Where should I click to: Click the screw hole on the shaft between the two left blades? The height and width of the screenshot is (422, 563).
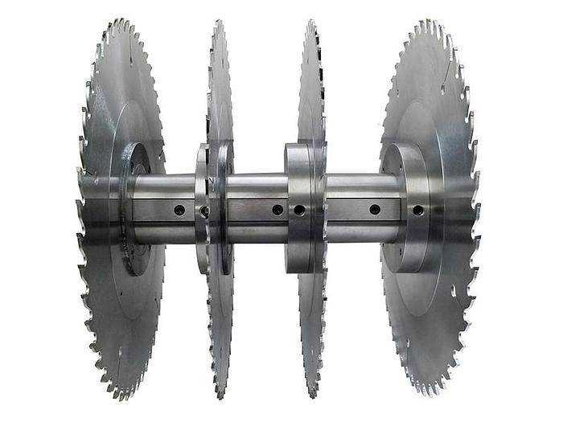(x=179, y=210)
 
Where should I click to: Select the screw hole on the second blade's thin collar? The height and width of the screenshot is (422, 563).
(x=203, y=211)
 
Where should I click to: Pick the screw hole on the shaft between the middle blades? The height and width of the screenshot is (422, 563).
(x=277, y=210)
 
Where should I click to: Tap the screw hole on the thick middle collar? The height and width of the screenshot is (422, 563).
(x=299, y=210)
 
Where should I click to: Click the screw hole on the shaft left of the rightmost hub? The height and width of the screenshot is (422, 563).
(x=375, y=210)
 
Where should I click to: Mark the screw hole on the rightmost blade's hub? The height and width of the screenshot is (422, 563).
(x=418, y=211)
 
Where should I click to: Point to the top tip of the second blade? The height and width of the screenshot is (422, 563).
(x=218, y=23)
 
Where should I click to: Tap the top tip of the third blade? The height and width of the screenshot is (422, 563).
(x=310, y=23)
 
